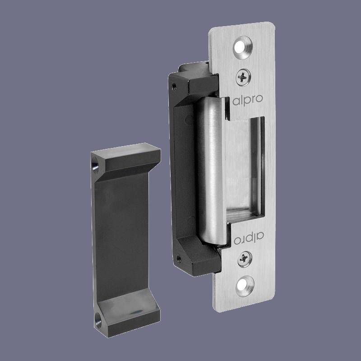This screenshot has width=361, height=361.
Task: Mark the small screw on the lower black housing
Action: (179, 259)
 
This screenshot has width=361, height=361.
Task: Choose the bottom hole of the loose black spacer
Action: (98, 322)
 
